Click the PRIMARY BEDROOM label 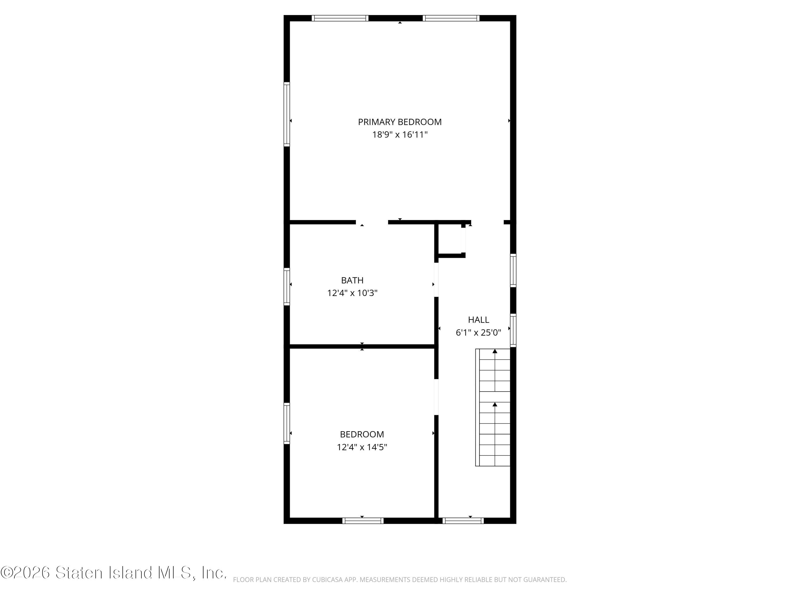400,122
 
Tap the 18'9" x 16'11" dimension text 400,135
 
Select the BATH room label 352,280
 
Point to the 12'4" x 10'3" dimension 352,293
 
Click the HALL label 478,320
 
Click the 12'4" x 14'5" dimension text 362,447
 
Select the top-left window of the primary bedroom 340,18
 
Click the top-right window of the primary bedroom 451,18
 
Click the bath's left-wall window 287,286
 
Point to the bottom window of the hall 463,521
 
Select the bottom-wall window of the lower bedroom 363,521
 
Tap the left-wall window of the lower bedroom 287,423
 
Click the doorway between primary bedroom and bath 372,222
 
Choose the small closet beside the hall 450,239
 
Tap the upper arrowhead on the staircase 495,351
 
